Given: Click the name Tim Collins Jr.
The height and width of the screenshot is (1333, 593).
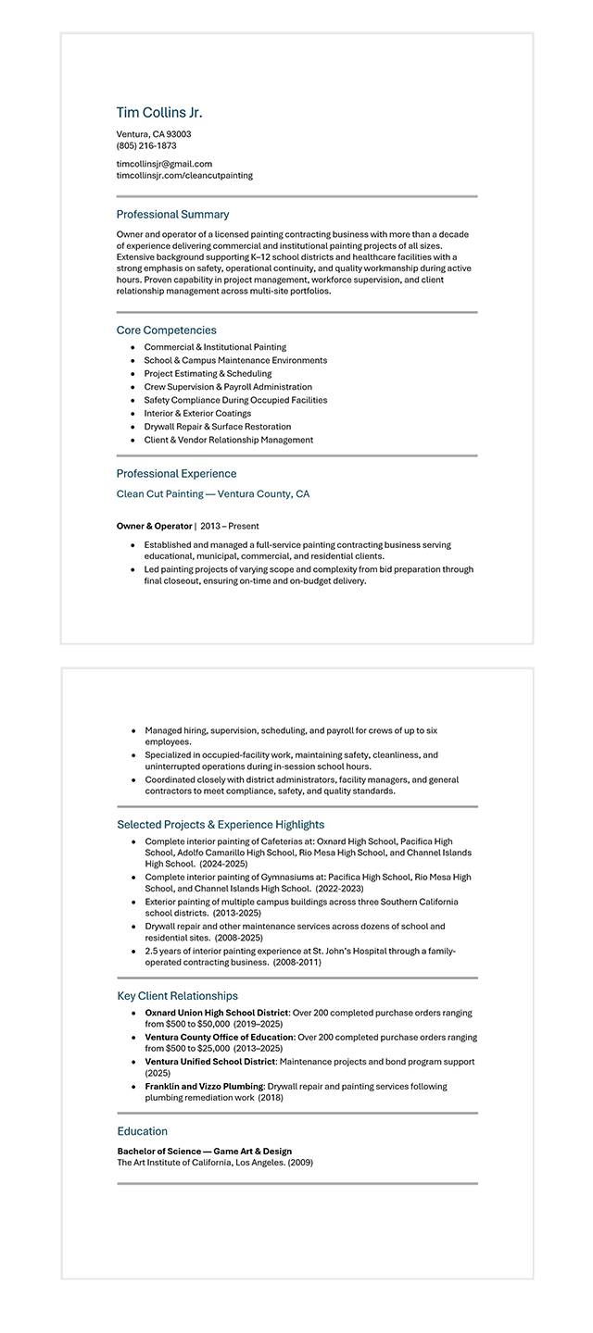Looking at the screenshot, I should click(158, 113).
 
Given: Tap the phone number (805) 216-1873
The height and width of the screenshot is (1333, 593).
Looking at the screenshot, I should click(146, 145).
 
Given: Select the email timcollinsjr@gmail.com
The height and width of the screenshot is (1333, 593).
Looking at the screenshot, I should click(164, 164).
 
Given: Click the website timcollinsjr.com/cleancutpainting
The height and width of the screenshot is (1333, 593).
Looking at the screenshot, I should click(184, 175).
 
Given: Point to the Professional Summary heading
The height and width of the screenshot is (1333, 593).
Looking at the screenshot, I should click(172, 215).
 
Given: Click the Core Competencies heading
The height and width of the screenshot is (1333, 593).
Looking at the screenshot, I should click(167, 330).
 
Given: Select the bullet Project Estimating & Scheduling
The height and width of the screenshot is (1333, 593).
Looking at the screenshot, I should click(208, 373).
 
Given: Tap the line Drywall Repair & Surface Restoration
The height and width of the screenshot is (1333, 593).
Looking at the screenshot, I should click(218, 427).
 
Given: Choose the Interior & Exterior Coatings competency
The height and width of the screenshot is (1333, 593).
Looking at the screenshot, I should click(197, 413).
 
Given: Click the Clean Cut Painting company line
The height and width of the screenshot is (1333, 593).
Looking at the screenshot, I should click(213, 494).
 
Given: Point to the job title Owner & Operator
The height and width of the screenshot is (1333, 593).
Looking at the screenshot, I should click(154, 526).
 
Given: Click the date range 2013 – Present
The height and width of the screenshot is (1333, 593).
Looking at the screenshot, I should click(230, 526).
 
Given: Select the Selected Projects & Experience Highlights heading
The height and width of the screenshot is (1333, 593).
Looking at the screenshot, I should click(221, 825).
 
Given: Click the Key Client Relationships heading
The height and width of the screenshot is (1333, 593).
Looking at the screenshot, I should click(177, 996).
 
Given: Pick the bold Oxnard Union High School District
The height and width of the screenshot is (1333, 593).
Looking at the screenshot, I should click(217, 1013).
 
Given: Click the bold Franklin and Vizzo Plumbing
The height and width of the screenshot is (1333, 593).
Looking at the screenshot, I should click(204, 1086).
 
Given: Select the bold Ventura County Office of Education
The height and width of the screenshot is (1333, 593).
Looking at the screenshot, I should click(219, 1037).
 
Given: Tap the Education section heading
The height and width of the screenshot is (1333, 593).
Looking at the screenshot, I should click(143, 1131).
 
